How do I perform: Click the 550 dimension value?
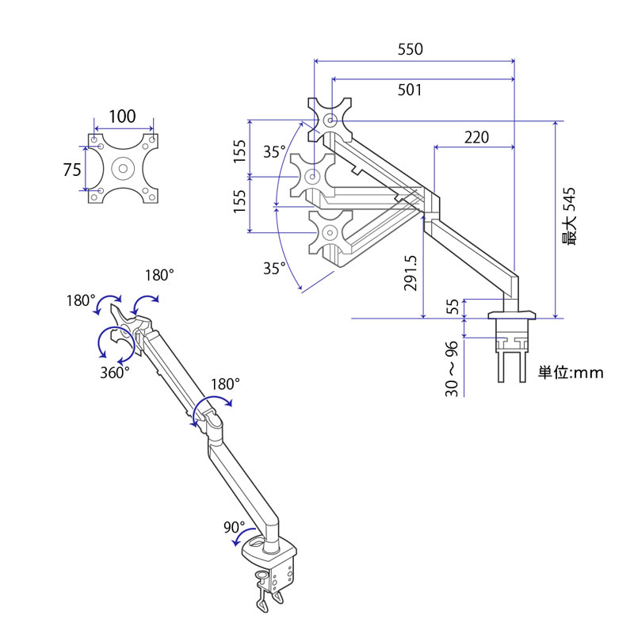[410, 49]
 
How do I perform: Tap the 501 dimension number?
[410, 90]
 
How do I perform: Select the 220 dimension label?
[476, 137]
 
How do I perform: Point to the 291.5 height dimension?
[410, 273]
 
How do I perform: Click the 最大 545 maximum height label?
[568, 216]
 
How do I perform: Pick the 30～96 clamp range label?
[452, 369]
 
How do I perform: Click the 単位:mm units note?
[571, 372]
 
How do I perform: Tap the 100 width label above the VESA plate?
[122, 116]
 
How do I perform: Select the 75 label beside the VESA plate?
[72, 170]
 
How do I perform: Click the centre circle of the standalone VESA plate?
[124, 168]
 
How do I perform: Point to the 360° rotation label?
[115, 372]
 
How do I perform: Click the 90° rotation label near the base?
[234, 527]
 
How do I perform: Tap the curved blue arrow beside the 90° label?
[243, 534]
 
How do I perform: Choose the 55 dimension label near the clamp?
[453, 307]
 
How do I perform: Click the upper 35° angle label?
[274, 152]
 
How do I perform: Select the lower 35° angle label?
[274, 268]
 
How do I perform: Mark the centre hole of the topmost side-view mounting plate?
[330, 120]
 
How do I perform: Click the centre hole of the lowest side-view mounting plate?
[330, 232]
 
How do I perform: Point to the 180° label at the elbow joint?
[225, 384]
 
